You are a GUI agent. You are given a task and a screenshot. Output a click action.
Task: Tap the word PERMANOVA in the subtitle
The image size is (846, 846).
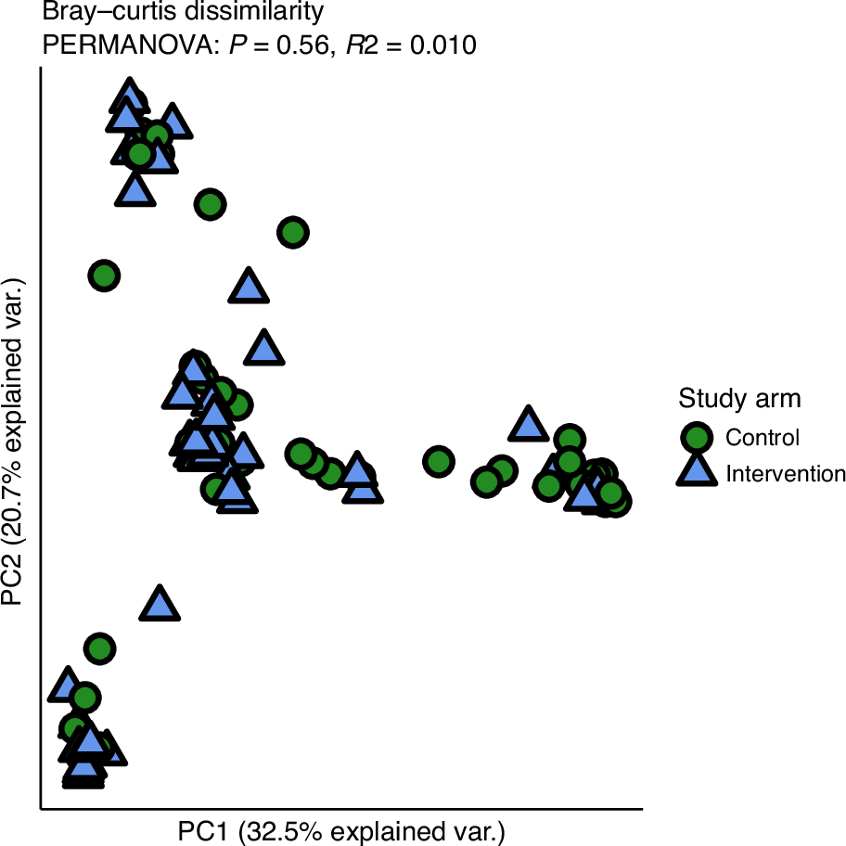(x=116, y=45)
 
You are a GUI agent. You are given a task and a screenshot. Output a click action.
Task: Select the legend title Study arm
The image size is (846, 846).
(x=739, y=399)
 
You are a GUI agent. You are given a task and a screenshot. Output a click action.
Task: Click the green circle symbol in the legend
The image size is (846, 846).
(x=697, y=437)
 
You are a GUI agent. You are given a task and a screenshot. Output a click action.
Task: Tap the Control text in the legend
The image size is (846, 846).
(x=763, y=437)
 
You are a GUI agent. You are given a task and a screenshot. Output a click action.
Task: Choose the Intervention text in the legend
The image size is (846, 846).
(x=786, y=474)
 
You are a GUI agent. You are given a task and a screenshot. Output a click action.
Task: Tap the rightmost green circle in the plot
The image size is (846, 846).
(x=615, y=502)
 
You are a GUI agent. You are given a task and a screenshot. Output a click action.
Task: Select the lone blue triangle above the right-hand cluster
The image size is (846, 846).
(x=528, y=424)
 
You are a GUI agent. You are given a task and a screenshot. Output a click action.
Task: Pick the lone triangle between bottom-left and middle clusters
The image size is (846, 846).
(x=160, y=604)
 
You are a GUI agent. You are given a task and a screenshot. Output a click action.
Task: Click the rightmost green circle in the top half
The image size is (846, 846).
(x=293, y=232)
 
